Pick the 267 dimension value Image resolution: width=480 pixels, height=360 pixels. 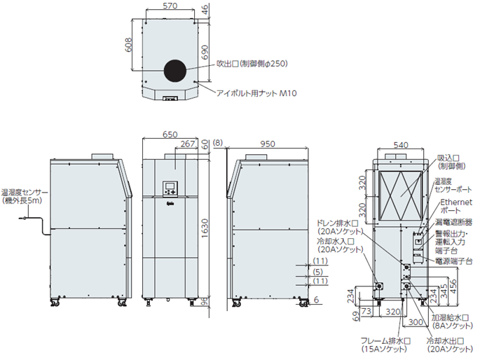(x=187, y=144)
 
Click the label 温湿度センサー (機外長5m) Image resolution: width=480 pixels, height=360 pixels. (x=25, y=195)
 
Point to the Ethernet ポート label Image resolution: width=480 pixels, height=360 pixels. (x=454, y=205)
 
